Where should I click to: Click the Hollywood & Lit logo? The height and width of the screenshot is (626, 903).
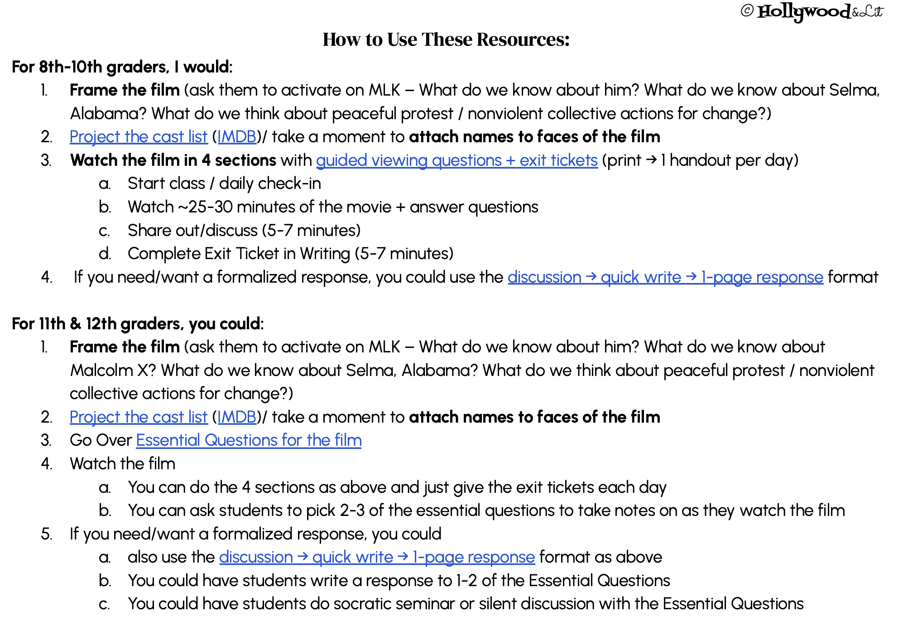820,12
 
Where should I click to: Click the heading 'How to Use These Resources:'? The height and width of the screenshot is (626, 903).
446,40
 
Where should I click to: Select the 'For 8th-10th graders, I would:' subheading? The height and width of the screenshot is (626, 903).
122,67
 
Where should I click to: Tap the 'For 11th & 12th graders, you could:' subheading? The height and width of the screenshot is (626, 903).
138,324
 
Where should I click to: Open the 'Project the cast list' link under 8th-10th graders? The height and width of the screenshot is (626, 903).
139,137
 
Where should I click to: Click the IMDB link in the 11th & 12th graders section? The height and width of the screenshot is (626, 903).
237,417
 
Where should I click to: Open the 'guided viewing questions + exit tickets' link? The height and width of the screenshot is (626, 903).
456,160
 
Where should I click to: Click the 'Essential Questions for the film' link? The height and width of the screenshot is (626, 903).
249,440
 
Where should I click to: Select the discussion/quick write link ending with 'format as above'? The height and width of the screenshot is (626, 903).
377,557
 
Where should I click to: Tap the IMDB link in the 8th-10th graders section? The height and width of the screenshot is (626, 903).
237,137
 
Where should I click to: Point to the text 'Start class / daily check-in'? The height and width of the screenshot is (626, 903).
224,183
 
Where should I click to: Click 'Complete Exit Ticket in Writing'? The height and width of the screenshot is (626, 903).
239,254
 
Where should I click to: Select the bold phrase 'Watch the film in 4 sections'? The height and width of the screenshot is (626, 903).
173,160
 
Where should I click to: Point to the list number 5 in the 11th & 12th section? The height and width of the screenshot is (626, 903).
47,534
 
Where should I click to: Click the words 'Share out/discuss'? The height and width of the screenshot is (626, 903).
192,231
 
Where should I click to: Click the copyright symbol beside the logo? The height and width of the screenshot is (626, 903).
747,11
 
